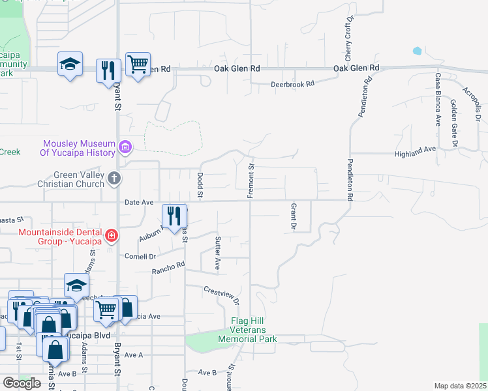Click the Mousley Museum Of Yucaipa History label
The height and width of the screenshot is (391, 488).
tap(80, 148)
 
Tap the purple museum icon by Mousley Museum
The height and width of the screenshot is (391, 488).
tap(126, 148)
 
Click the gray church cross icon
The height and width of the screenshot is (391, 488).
tap(114, 178)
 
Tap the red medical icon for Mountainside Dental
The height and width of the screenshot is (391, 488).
tap(112, 235)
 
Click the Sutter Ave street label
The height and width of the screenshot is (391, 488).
tap(218, 253)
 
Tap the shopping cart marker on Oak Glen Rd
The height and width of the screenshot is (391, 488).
tap(138, 65)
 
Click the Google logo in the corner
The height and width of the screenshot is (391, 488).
tap(22, 383)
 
